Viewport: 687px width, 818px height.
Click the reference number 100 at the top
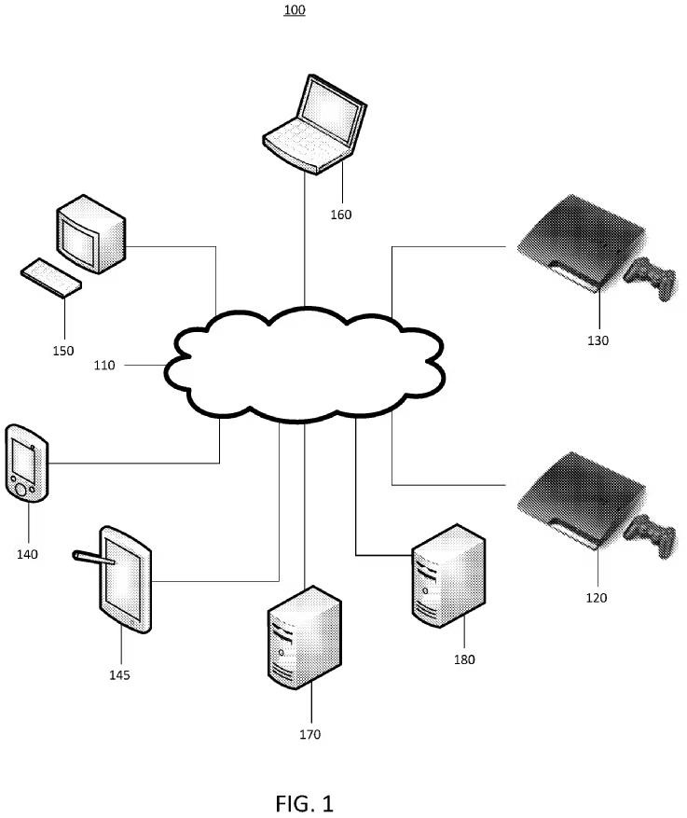[295, 10]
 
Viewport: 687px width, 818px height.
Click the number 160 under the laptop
[341, 215]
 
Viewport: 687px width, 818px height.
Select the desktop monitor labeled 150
[90, 233]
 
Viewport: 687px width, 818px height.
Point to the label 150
[62, 352]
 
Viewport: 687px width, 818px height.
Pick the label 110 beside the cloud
[104, 366]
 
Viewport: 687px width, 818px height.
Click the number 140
[27, 554]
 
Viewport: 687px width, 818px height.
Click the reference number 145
[118, 674]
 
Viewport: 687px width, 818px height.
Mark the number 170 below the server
[309, 735]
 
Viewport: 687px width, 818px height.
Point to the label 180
[464, 659]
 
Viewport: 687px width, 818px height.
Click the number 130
[598, 340]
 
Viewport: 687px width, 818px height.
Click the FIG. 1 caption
[304, 802]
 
